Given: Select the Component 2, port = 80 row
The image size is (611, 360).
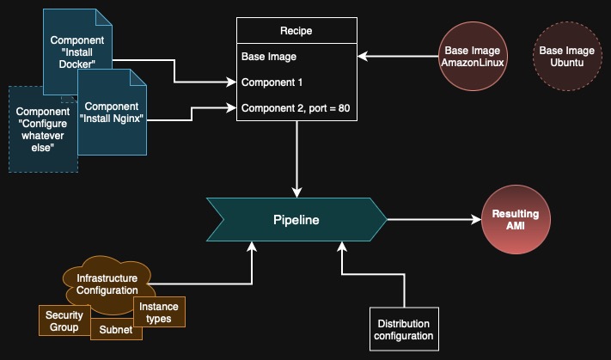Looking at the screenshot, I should click(295, 108).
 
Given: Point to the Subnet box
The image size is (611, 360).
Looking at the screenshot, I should click(114, 329).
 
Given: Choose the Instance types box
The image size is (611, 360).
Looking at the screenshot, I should click(161, 313).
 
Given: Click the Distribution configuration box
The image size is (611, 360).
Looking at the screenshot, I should click(404, 329).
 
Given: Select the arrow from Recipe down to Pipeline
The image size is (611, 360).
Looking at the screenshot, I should click(296, 159).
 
